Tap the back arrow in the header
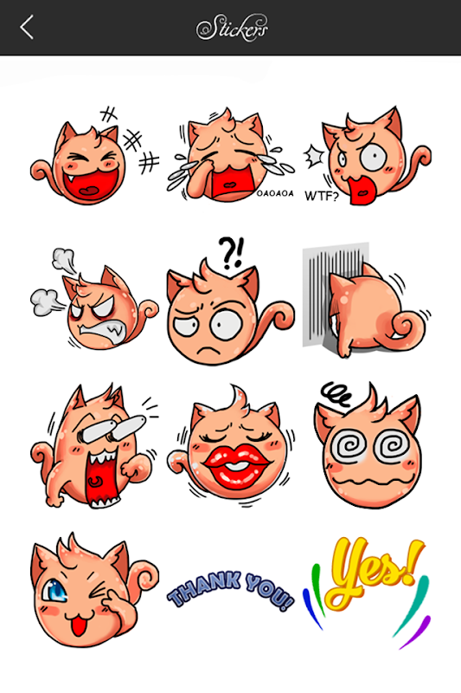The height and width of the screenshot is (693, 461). coord(27,28)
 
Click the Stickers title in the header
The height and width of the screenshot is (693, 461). coord(232,28)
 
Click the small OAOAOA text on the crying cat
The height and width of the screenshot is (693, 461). coord(275,193)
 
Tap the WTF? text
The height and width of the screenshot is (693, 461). coord(321,196)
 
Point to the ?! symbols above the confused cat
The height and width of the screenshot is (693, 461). coord(231,253)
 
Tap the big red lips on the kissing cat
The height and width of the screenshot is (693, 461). coord(236,465)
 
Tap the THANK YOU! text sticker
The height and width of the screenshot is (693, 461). coord(230,590)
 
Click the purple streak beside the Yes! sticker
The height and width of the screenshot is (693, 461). coord(415,632)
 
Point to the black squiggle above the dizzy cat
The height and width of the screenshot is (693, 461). coord(336,393)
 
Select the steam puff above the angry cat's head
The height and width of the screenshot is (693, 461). coord(64,259)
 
